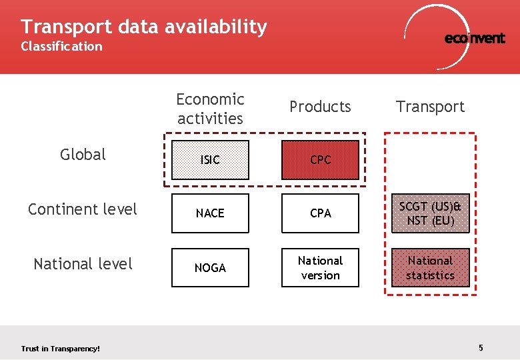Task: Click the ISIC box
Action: click(210, 160)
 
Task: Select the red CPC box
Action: click(320, 160)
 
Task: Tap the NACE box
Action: click(210, 213)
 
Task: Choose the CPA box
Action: click(320, 213)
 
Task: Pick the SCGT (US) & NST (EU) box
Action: click(430, 213)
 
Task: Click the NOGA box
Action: click(210, 268)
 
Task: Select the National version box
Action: click(320, 268)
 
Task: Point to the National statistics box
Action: click(430, 268)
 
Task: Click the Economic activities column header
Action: click(210, 109)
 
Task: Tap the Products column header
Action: click(320, 107)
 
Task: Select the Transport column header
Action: click(430, 107)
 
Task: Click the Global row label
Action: click(83, 155)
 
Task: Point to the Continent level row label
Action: click(83, 209)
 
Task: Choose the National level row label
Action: click(83, 264)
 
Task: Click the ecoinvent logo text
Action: click(475, 39)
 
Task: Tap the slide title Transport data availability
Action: click(143, 27)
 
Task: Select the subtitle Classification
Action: click(61, 47)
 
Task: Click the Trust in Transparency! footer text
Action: click(61, 349)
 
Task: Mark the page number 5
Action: click(481, 347)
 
